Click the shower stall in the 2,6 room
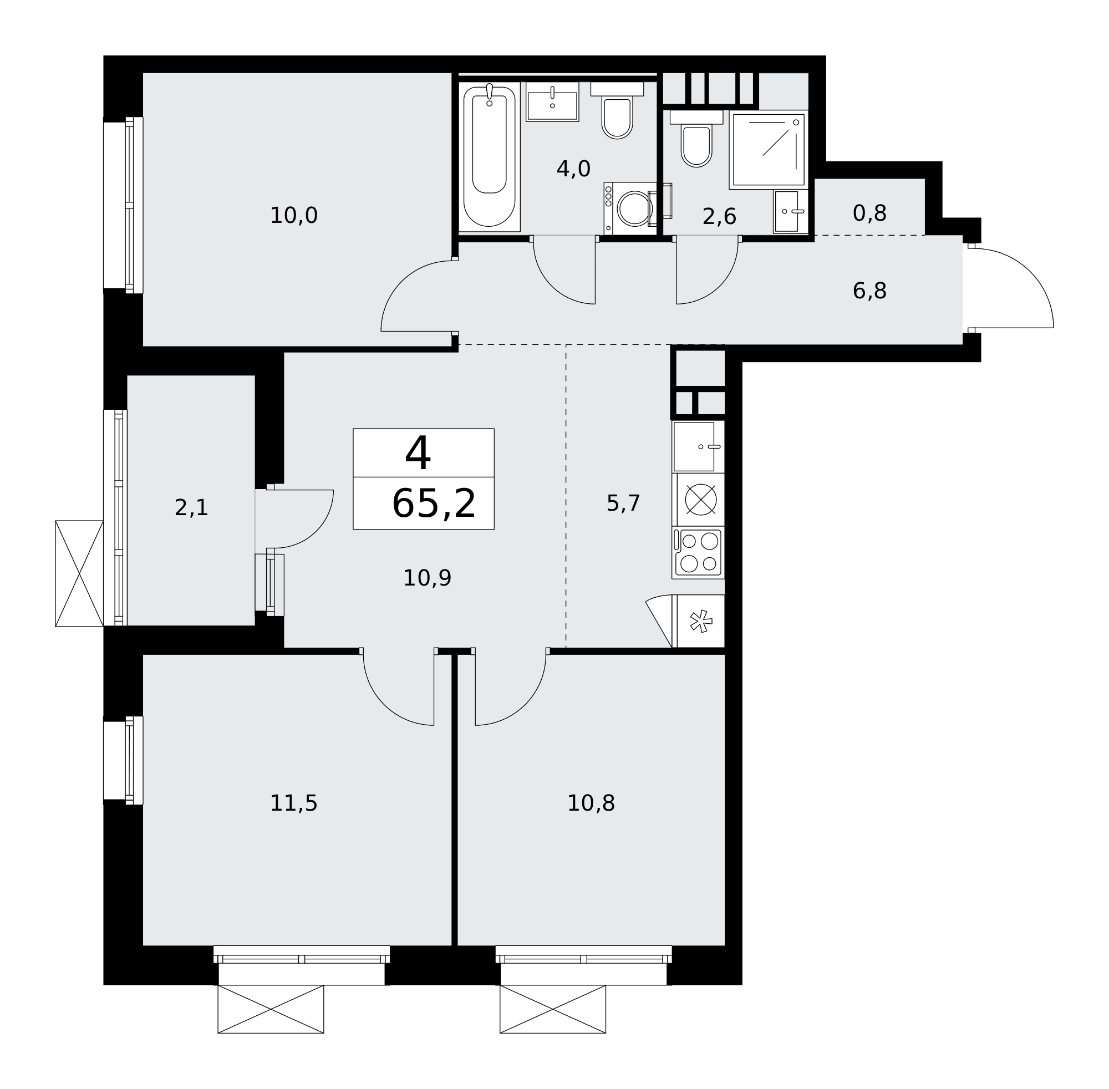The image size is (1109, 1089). point(768,149)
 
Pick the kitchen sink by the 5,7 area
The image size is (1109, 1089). point(698,447)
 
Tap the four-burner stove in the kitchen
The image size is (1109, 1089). point(698,552)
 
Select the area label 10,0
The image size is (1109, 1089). point(293,216)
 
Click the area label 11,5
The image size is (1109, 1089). point(293,803)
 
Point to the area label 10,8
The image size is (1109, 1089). point(591,803)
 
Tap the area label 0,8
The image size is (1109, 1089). point(869,213)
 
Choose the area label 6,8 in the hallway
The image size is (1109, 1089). point(869,291)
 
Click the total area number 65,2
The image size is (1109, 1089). point(434,504)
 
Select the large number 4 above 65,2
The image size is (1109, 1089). point(418,453)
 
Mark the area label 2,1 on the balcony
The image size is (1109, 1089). point(192,508)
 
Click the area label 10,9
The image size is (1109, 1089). point(428,578)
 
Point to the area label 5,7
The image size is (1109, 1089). point(623,503)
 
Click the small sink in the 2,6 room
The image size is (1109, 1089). point(790,212)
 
